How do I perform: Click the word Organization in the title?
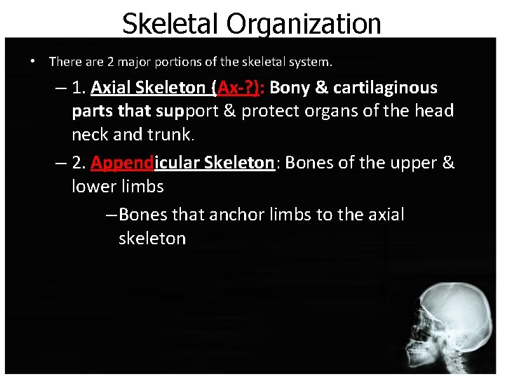click(304, 23)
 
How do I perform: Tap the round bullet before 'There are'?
click(33, 61)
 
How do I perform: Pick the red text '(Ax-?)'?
click(240, 88)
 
